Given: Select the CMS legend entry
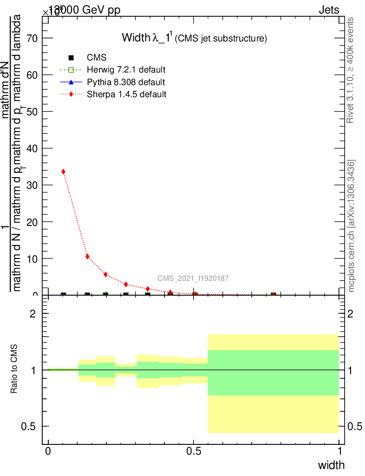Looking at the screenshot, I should coord(97,58).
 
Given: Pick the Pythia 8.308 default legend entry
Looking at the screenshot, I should coord(126,82).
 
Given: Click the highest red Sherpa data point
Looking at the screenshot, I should coord(63,172).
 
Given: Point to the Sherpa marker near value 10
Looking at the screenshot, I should coord(87,256).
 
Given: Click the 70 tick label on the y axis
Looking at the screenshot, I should coord(32,38).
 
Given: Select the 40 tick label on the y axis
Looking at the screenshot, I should coord(32,148).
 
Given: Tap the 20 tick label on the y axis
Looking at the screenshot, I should coord(32,222).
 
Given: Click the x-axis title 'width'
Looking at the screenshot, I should coord(331,465).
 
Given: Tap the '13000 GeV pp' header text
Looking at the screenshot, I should coord(84,10).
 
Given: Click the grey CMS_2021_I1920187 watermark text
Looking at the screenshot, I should coord(193,278).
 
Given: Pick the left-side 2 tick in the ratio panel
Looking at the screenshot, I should coord(33,314).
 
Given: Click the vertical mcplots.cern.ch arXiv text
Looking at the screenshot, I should coord(352,226).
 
